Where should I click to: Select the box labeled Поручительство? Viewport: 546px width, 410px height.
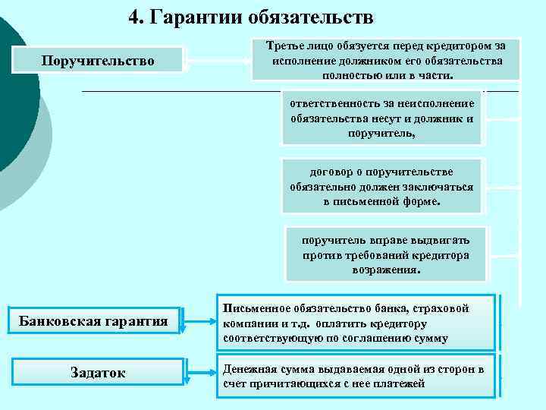coord(99,59)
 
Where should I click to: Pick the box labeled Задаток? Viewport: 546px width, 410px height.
coord(99,371)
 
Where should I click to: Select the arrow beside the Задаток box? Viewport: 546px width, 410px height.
coord(199,371)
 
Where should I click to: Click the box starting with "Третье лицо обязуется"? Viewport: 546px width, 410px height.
coord(387,60)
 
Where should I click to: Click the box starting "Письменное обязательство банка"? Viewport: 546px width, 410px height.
coord(356,323)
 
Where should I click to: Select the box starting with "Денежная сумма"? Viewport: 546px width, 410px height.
coord(356,376)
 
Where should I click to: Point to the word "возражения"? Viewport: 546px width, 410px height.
coord(386,270)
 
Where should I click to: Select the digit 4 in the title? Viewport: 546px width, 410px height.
coord(133,16)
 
